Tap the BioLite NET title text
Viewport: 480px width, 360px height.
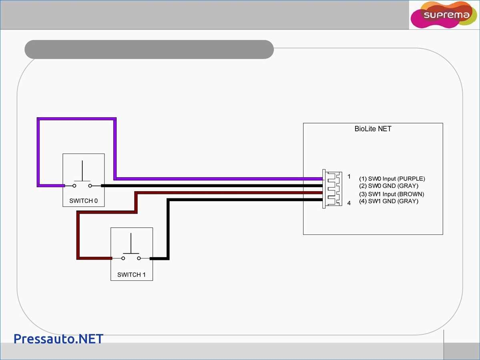[373, 129]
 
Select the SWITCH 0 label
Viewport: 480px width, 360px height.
[84, 201]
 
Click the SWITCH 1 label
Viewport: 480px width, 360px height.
[132, 275]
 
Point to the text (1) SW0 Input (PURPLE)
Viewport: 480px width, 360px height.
[392, 179]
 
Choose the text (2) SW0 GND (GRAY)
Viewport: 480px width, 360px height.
[388, 186]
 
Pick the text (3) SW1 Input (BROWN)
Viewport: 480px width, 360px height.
[392, 194]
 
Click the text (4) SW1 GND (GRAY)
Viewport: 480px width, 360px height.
[388, 201]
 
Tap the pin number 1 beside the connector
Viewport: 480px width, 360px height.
[349, 176]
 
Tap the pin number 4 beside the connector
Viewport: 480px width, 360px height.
[349, 203]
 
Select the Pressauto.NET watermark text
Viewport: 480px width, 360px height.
[58, 339]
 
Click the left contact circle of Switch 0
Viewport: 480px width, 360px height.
[74, 186]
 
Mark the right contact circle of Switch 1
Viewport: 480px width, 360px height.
[139, 258]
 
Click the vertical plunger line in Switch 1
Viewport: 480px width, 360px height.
[131, 244]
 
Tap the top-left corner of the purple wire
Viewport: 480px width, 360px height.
[39, 119]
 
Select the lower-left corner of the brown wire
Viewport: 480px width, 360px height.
[78, 258]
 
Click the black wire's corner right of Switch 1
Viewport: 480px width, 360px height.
[168, 258]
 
